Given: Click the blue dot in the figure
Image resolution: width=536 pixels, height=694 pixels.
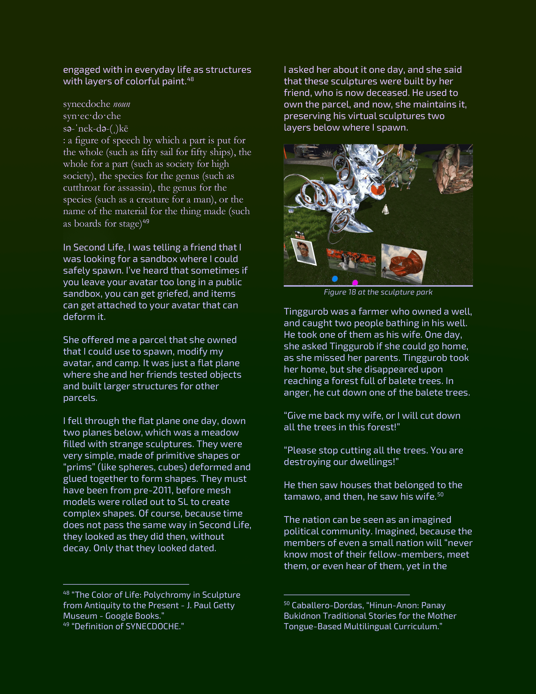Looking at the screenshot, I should [335, 279].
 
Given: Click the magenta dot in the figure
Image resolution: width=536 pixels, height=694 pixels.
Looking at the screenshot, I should [355, 282].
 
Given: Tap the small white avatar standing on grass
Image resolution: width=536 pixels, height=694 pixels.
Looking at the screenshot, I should [385, 209].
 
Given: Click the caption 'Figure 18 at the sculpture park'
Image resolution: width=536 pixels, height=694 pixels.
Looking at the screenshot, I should [378, 292].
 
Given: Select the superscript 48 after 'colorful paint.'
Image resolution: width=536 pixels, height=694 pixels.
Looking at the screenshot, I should [190, 79].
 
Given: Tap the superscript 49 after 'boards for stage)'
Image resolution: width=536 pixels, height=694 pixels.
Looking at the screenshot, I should [146, 221].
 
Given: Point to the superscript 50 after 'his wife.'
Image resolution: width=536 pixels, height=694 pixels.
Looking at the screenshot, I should [440, 494].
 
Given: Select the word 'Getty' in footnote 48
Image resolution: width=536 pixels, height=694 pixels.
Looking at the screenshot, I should [224, 605].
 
